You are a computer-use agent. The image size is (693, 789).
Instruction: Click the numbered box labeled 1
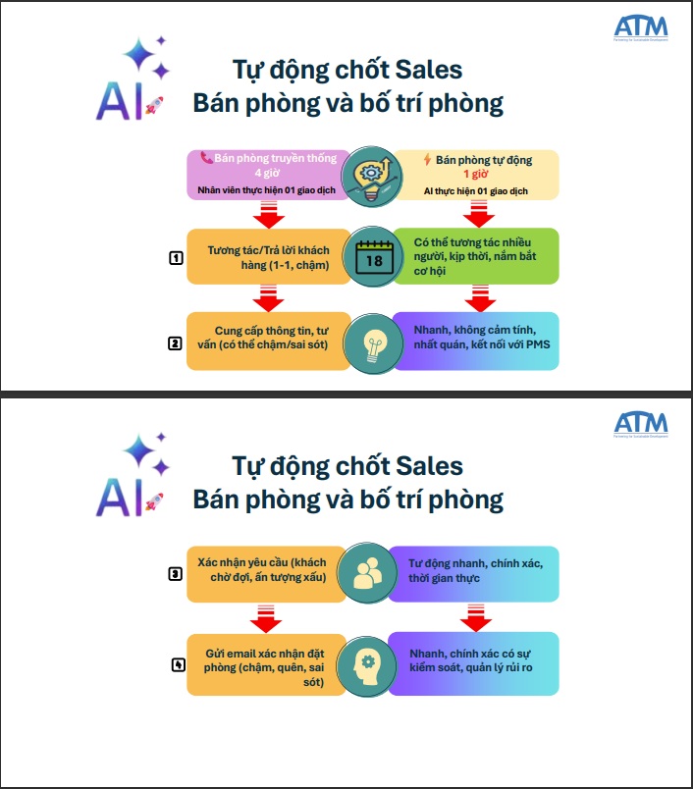177,259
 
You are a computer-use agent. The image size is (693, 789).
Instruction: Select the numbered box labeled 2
175,343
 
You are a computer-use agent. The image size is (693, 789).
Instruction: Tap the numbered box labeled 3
177,574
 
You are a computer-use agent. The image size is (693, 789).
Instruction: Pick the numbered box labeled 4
178,664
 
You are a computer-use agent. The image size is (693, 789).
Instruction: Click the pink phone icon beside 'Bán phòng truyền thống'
206,157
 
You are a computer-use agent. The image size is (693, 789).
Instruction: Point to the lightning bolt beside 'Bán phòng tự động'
427,158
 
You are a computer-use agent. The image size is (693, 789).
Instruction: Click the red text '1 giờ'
475,173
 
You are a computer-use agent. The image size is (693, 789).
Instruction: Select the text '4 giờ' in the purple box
267,173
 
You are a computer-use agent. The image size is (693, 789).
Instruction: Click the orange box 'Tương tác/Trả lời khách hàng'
267,256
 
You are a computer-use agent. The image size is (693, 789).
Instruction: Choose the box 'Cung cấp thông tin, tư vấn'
267,341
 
